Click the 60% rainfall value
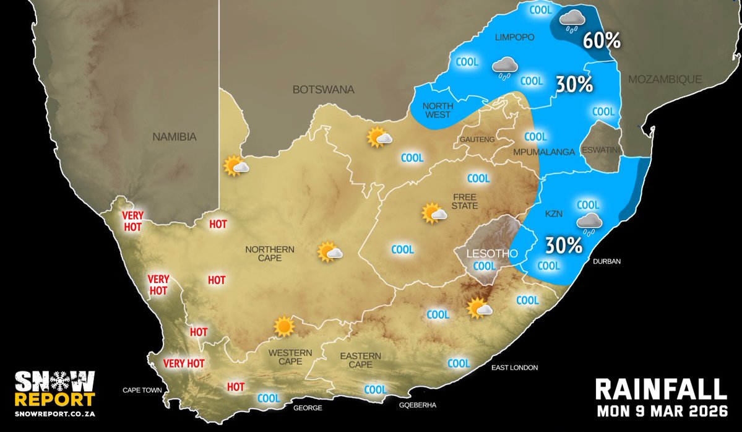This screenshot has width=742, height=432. pyautogui.click(x=600, y=41)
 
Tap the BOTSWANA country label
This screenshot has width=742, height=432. pyautogui.click(x=323, y=90)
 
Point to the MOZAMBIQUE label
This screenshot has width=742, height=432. pyautogui.click(x=665, y=79)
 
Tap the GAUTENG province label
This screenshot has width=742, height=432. pyautogui.click(x=477, y=140)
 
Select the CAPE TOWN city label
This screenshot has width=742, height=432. pyautogui.click(x=142, y=391)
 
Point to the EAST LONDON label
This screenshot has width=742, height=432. pyautogui.click(x=514, y=368)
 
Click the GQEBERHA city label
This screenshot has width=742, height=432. pyautogui.click(x=418, y=405)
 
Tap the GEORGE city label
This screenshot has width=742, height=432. pyautogui.click(x=308, y=408)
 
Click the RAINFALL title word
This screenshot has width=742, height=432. pyautogui.click(x=660, y=390)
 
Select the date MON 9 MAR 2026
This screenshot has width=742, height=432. pyautogui.click(x=660, y=412)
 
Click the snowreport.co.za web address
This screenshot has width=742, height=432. pyautogui.click(x=55, y=413)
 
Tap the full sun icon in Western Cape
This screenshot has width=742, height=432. pyautogui.click(x=284, y=326)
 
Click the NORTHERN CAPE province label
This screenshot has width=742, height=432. pyautogui.click(x=270, y=254)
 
